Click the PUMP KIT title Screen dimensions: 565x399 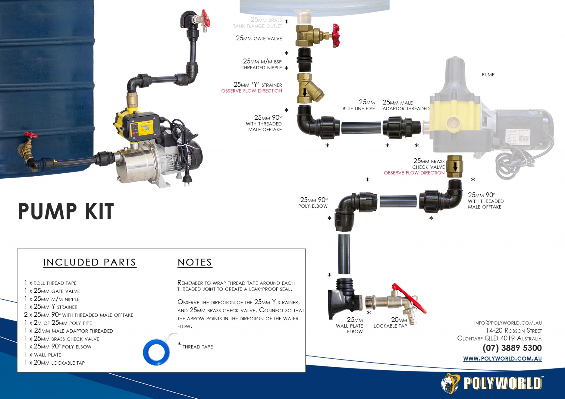[x=66, y=211]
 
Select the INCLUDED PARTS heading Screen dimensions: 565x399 [x=90, y=262]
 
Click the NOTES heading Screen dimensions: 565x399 [x=195, y=262]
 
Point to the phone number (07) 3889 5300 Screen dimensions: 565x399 [x=512, y=348]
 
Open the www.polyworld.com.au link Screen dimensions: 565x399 [x=502, y=358]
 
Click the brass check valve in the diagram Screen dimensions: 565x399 [x=455, y=167]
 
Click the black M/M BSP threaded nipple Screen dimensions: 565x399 [x=305, y=60]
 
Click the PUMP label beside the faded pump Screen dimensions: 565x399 [x=488, y=75]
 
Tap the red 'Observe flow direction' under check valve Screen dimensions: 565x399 [x=414, y=173]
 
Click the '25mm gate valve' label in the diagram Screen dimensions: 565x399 [x=259, y=38]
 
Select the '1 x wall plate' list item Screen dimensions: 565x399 [x=43, y=355]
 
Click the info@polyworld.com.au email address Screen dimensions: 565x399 [x=508, y=323]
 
